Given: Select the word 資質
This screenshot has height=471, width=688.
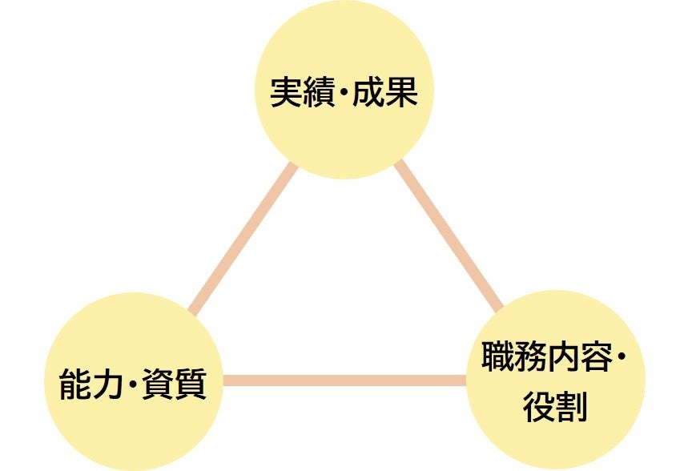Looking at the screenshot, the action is click(179, 385).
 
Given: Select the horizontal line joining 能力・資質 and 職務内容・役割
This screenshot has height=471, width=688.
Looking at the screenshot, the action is click(344, 380).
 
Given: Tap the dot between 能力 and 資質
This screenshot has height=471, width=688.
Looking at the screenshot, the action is click(132, 386).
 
